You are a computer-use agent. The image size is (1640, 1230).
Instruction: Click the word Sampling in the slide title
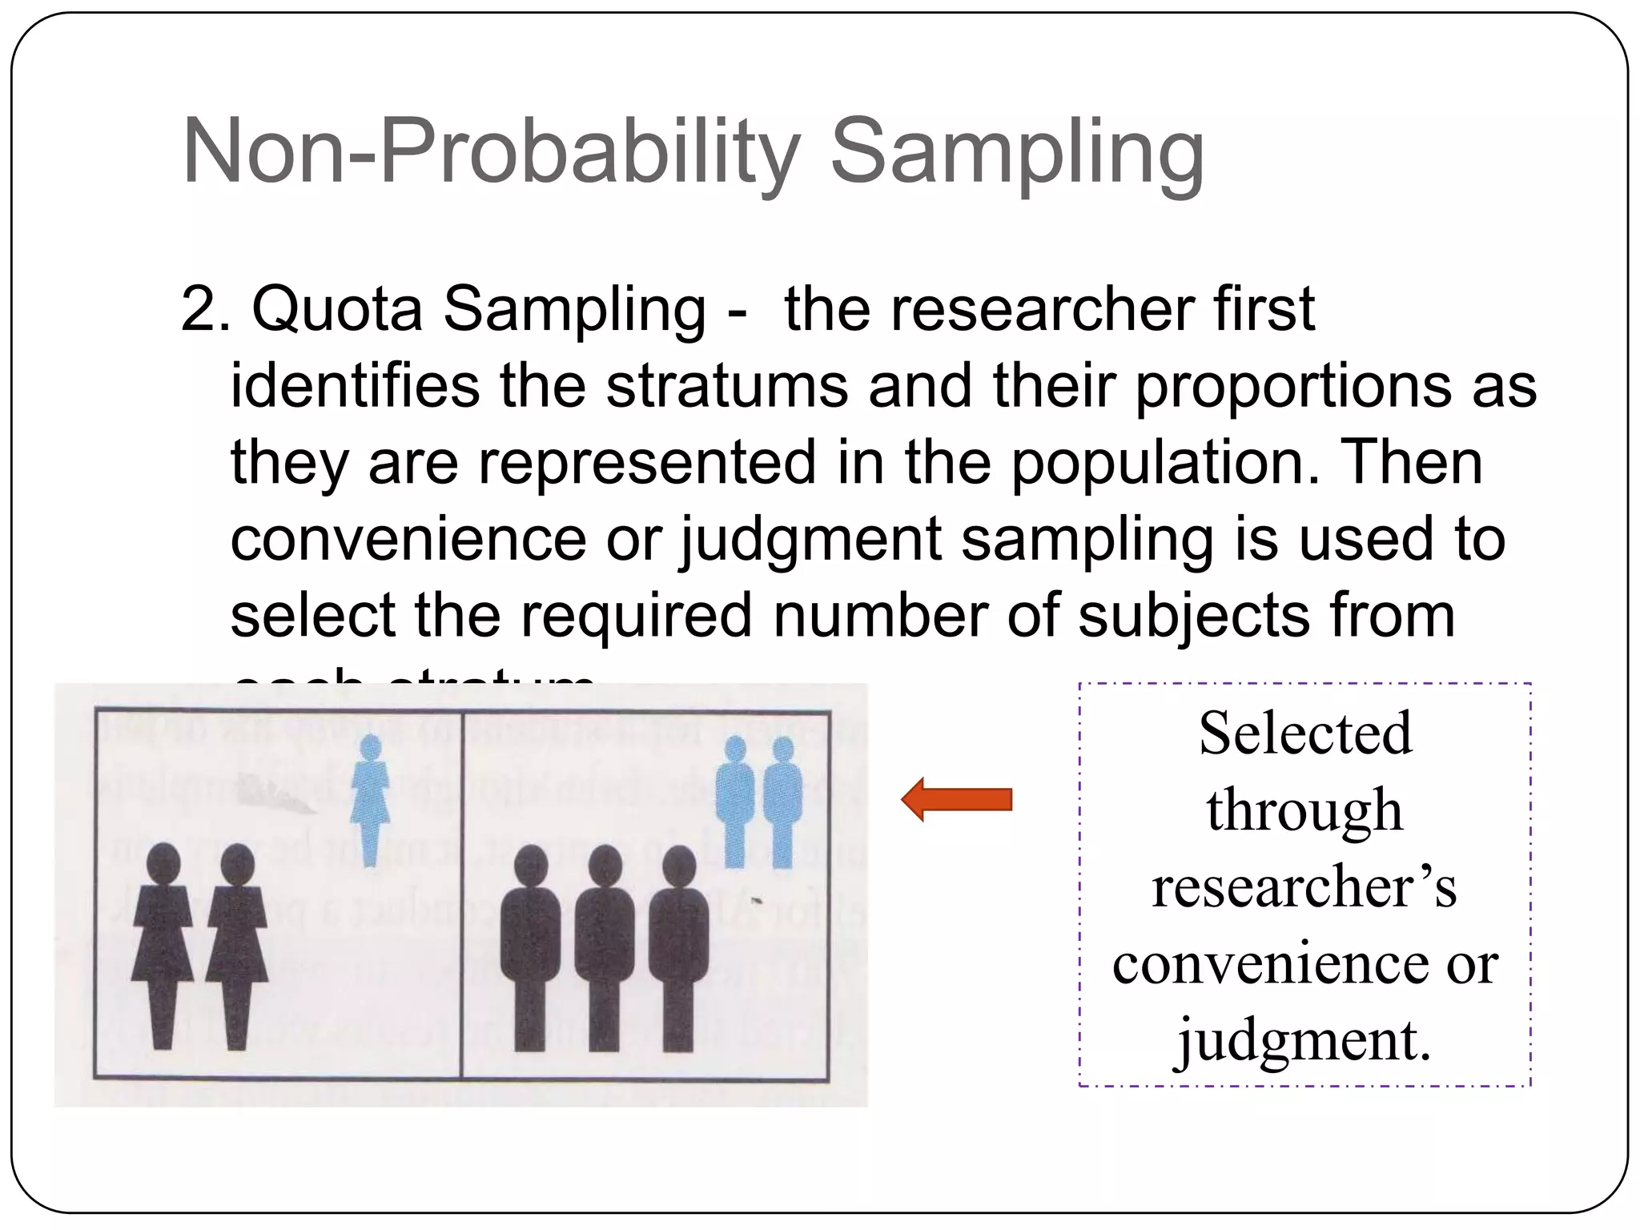pyautogui.click(x=1017, y=152)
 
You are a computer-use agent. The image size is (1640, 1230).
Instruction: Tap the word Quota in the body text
pyautogui.click(x=337, y=309)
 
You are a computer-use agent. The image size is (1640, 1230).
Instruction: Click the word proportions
pyautogui.click(x=1290, y=386)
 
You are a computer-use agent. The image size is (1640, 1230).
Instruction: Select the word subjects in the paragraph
pyautogui.click(x=1193, y=615)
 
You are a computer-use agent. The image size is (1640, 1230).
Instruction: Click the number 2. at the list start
pyautogui.click(x=205, y=309)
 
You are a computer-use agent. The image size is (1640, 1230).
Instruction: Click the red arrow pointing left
pyautogui.click(x=957, y=799)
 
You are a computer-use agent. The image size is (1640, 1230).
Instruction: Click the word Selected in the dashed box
pyautogui.click(x=1305, y=734)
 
